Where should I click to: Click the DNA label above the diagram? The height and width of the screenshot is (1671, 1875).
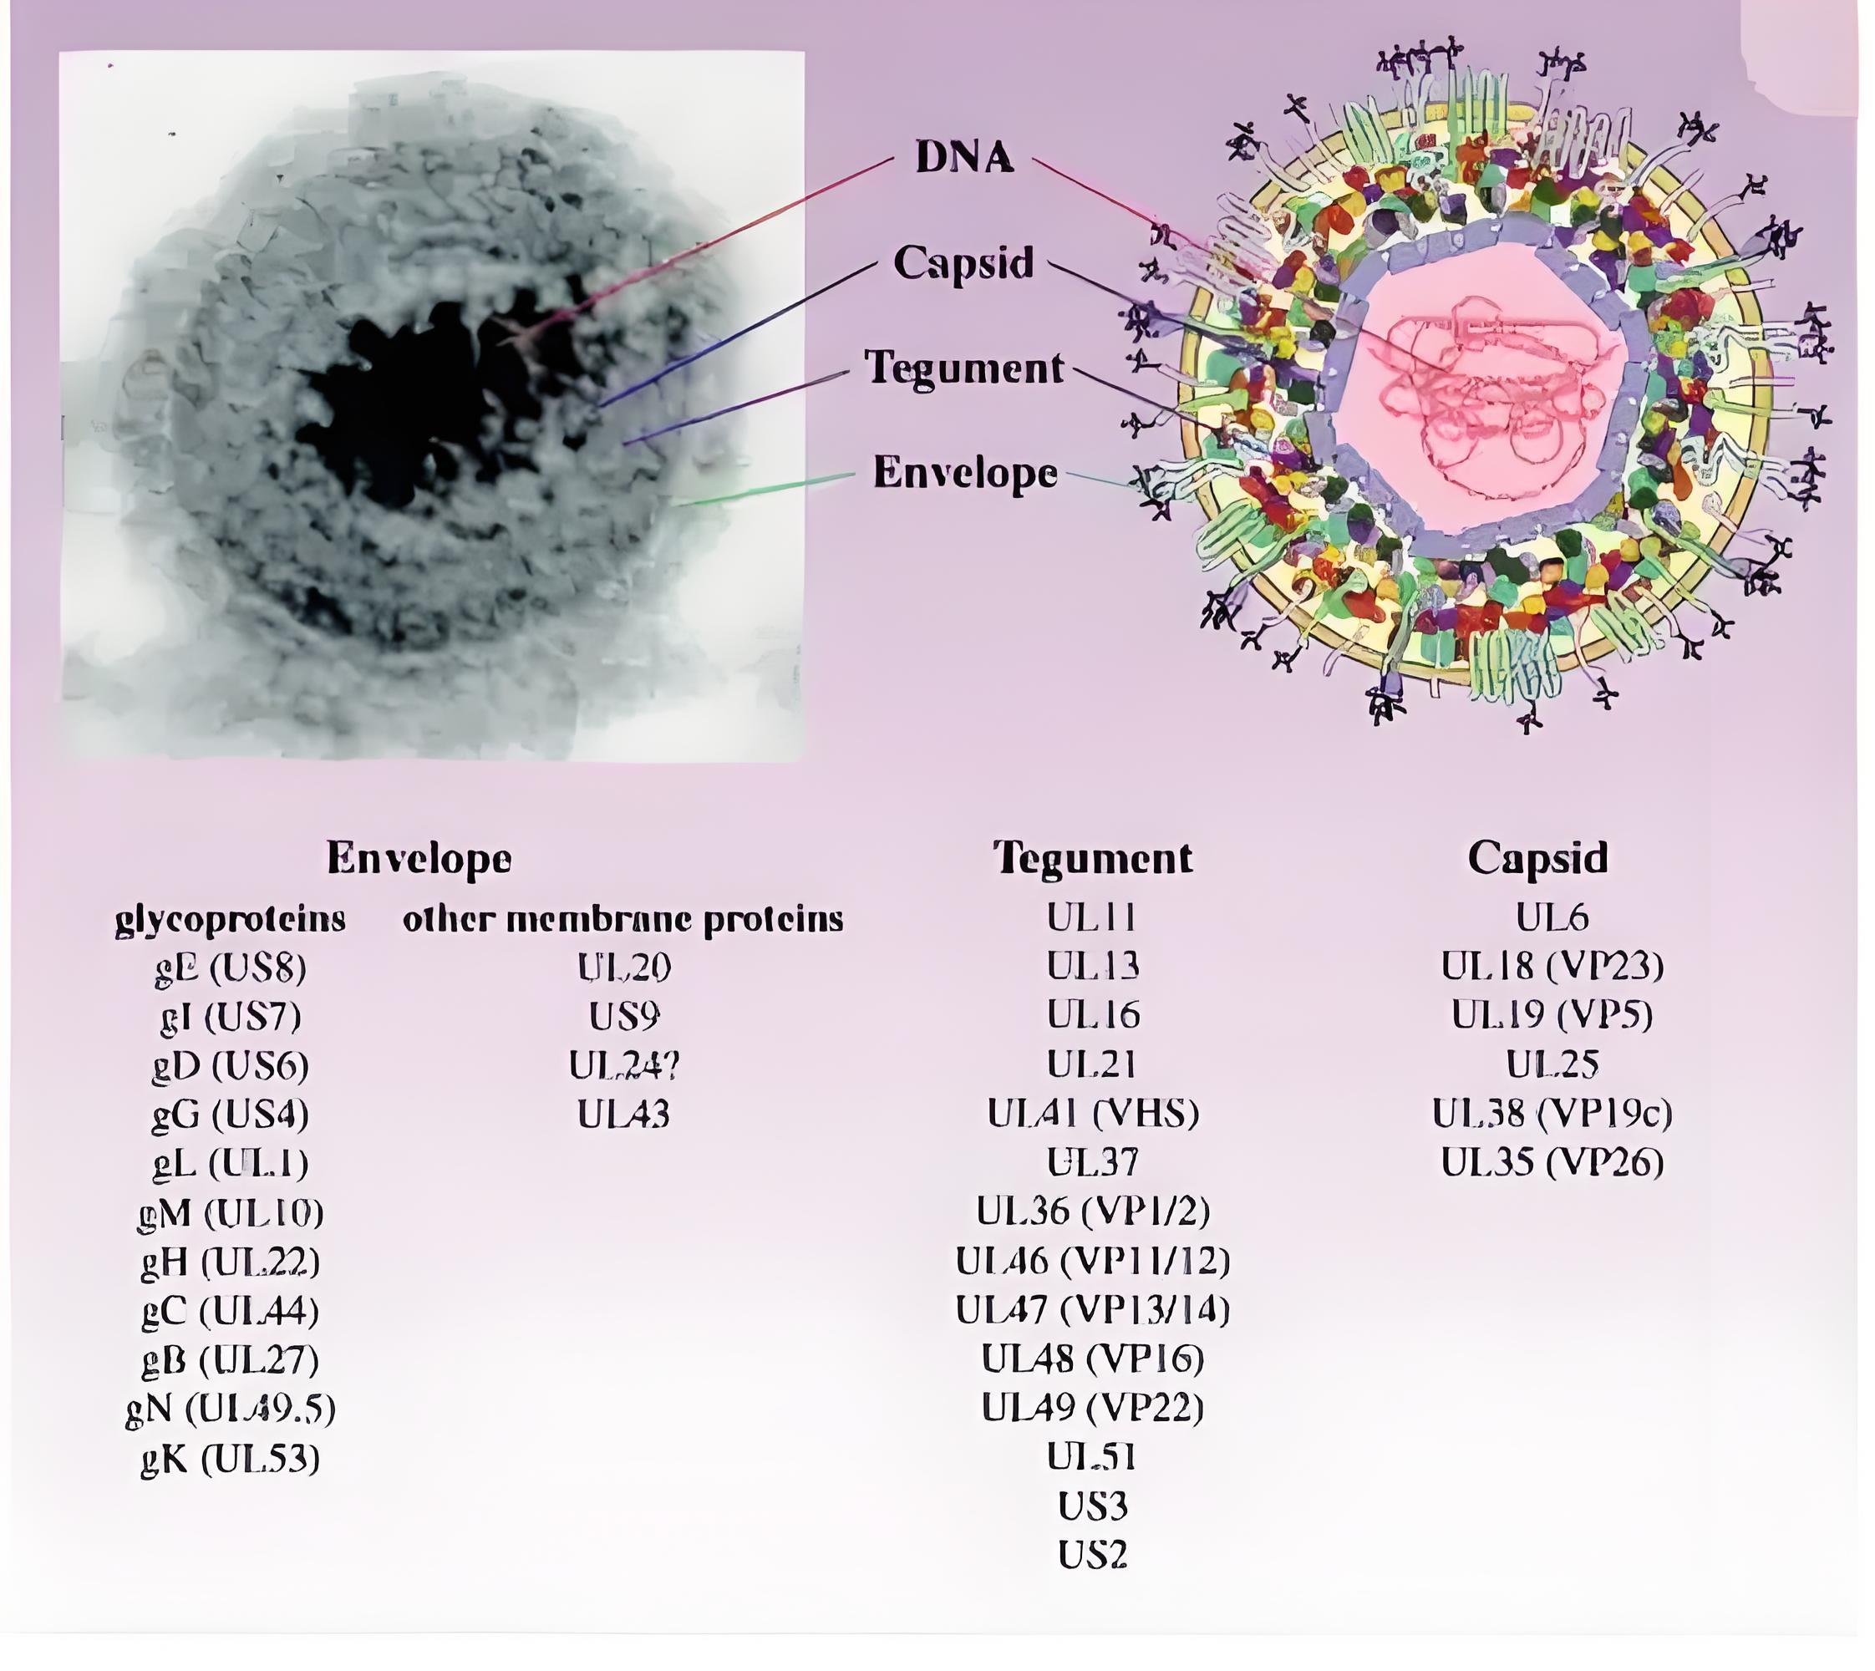click(x=964, y=157)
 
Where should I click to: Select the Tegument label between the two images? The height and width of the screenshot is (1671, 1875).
click(x=964, y=368)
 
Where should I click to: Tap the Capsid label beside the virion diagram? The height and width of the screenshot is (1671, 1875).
click(x=964, y=262)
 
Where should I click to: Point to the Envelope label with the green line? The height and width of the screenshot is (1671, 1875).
click(x=964, y=472)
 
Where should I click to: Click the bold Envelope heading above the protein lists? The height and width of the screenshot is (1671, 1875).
click(x=419, y=857)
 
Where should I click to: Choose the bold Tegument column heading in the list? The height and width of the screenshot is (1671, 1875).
click(x=1093, y=857)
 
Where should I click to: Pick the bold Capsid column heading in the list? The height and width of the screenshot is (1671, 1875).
click(x=1538, y=857)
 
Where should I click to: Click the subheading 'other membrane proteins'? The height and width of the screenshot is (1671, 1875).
click(x=622, y=918)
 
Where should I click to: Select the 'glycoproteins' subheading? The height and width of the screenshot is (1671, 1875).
click(x=231, y=918)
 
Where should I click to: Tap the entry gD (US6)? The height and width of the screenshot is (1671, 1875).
click(x=231, y=1065)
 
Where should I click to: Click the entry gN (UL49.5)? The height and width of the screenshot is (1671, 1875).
click(x=231, y=1409)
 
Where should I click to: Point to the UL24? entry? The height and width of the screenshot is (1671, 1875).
click(x=623, y=1065)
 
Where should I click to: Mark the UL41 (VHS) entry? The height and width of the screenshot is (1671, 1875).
click(x=1093, y=1114)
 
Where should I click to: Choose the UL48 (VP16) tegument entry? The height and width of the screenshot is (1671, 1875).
click(x=1093, y=1359)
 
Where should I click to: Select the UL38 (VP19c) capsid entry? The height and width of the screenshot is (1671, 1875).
click(x=1552, y=1114)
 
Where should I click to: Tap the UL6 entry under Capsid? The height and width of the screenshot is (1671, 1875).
click(x=1552, y=917)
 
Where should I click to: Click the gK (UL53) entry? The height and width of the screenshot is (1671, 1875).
click(x=231, y=1458)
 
